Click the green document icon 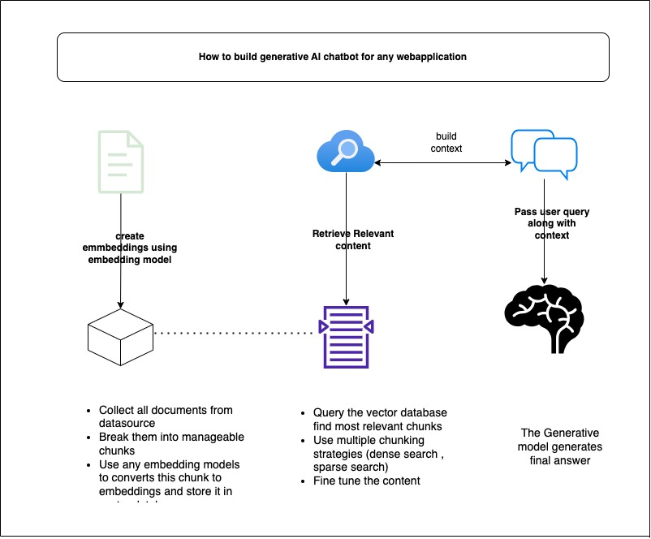click(x=120, y=162)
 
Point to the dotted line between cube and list click(x=235, y=333)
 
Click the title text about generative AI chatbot click(x=333, y=58)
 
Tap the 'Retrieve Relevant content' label click(x=352, y=239)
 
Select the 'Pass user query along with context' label click(x=541, y=223)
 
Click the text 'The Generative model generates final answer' click(x=561, y=446)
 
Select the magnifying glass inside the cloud click(x=347, y=149)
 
